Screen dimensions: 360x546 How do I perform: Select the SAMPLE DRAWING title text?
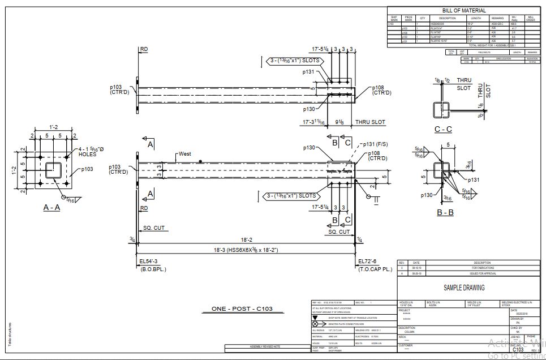pos(464,288)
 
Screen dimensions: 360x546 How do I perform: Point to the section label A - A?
pos(51,208)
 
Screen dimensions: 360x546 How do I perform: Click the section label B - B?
pos(445,212)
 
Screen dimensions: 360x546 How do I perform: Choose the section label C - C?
pos(443,130)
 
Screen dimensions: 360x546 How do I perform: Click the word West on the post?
pos(185,153)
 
